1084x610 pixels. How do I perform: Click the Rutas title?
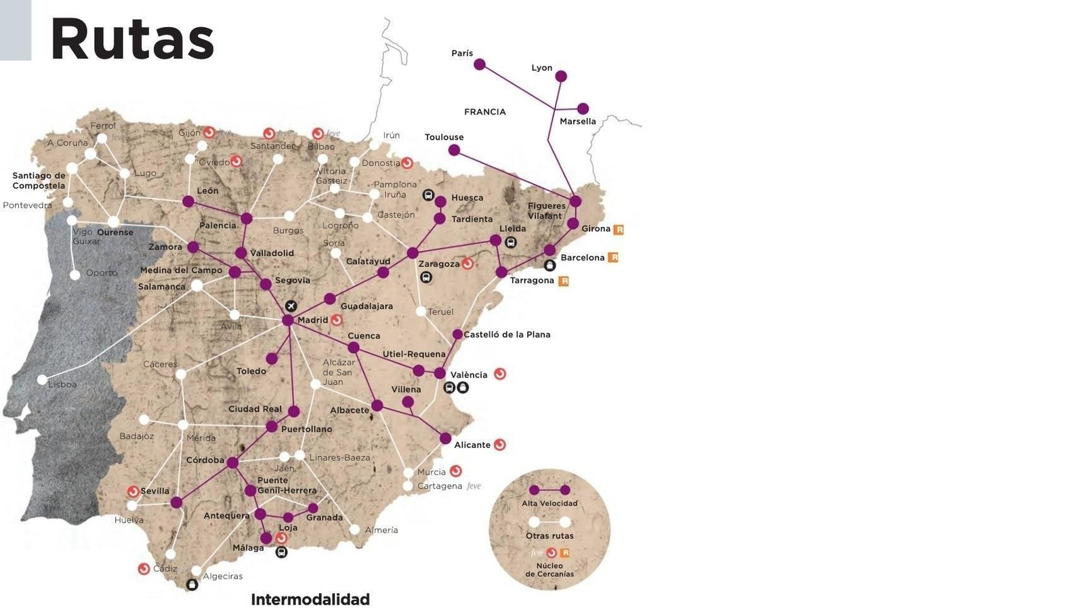point(132,39)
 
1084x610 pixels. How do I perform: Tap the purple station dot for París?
point(480,64)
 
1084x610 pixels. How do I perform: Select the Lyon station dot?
point(561,77)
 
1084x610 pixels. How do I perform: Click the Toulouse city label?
point(444,137)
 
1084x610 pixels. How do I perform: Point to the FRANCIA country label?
point(485,112)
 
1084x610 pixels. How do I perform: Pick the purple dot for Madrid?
point(288,320)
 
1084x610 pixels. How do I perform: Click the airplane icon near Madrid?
point(291,306)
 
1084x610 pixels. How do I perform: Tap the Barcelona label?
point(582,258)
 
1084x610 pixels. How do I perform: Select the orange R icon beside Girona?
point(618,230)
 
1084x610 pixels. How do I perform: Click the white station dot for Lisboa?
point(42,380)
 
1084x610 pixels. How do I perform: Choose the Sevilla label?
point(155,491)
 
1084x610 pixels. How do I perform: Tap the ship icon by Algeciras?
point(192,584)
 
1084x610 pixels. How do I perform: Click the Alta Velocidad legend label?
point(549,504)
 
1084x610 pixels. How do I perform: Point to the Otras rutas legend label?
point(549,536)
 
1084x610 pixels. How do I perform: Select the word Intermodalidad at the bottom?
point(310,599)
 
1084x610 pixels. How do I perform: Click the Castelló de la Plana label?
point(507,335)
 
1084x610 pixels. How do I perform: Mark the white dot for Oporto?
point(75,274)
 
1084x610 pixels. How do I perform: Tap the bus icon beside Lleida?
point(511,242)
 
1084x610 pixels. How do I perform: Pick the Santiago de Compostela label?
point(39,180)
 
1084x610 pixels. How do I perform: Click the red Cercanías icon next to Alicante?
point(500,445)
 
